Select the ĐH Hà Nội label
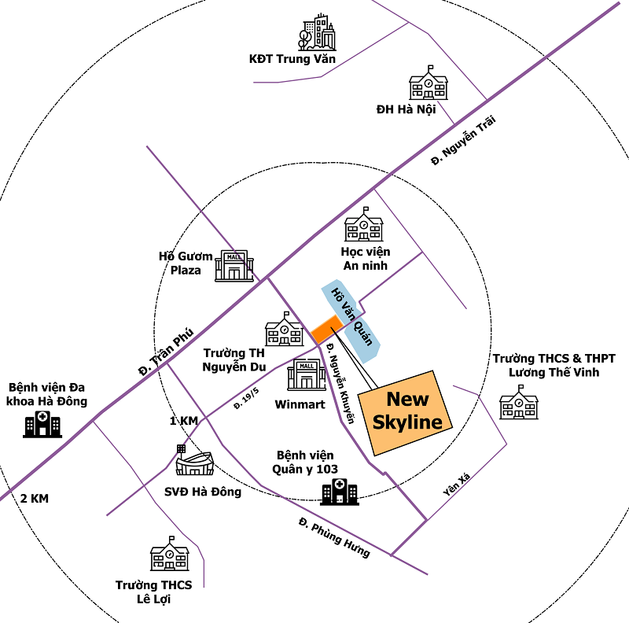point(405,109)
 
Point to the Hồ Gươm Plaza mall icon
point(234,266)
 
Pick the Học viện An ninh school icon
point(364,225)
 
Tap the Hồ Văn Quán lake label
point(350,315)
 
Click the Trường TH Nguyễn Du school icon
point(284,330)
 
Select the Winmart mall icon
point(306,375)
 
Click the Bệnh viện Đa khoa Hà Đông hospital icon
point(42,425)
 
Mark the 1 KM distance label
point(183,421)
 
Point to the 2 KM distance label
point(35,499)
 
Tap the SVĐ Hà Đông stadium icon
point(194,462)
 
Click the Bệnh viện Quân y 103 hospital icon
point(339,492)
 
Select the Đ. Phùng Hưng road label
point(333,537)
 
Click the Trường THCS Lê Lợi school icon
point(170,555)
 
